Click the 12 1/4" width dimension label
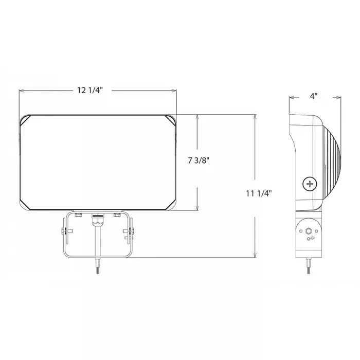tap(89, 90)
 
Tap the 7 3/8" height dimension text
tap(199, 160)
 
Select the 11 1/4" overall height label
tap(259, 193)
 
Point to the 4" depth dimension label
tap(314, 96)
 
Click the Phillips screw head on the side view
tap(310, 184)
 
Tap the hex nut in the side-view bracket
tap(309, 230)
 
